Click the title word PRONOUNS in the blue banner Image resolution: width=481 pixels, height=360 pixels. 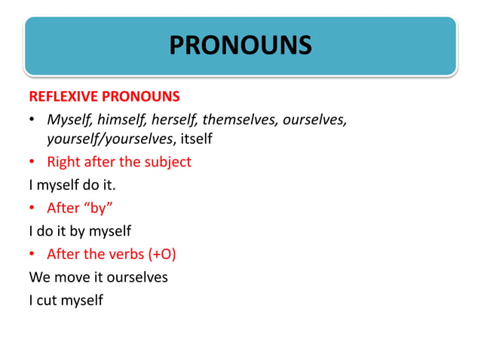(x=240, y=45)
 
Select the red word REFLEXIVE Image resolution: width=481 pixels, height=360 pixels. (x=63, y=98)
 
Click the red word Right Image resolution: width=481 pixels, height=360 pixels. (x=63, y=162)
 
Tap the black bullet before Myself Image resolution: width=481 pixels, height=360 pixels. (x=33, y=121)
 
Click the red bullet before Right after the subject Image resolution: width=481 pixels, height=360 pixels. (x=33, y=163)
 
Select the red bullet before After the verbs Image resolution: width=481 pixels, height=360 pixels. (x=33, y=255)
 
